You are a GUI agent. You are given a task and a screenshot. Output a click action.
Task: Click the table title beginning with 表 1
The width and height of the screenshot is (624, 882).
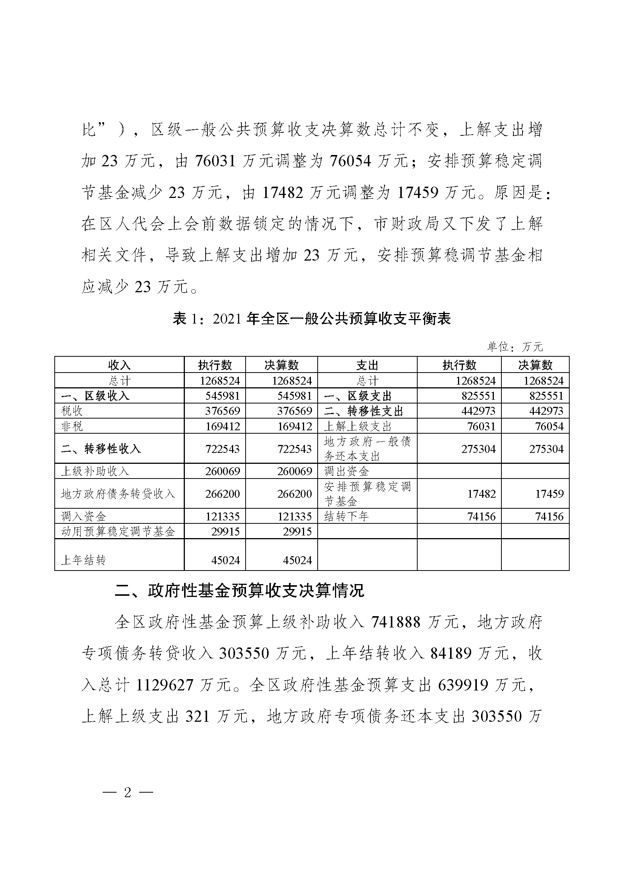pos(312,319)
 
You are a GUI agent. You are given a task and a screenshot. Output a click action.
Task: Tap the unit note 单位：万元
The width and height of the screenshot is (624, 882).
pos(515,347)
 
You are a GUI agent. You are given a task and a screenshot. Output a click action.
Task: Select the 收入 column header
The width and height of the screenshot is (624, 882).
pos(119,365)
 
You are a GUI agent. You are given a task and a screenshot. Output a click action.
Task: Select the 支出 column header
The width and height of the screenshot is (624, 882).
pos(367,365)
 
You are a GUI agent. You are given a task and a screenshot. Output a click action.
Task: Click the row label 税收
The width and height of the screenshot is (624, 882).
pos(72,411)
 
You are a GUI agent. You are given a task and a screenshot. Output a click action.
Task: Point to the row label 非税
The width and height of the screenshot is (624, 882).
pos(72,426)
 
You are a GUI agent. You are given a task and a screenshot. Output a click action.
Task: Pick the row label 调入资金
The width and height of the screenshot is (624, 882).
pos(83,516)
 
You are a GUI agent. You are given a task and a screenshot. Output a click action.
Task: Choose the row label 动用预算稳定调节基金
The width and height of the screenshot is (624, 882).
pos(118,531)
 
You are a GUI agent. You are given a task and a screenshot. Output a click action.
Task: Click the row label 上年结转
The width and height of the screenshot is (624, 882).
pos(83,560)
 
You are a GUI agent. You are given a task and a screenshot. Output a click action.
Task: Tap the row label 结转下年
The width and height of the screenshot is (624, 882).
pos(346,516)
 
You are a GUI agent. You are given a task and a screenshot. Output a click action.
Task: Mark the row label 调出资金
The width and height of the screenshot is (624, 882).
pos(346,471)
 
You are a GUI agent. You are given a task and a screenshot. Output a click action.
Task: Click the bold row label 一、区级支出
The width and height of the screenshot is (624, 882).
pos(358,396)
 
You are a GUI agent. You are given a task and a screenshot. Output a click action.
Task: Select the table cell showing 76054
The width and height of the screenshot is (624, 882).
pos(549,426)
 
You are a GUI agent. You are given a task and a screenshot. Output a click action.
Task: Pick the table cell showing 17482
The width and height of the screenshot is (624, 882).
pos(481,494)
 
